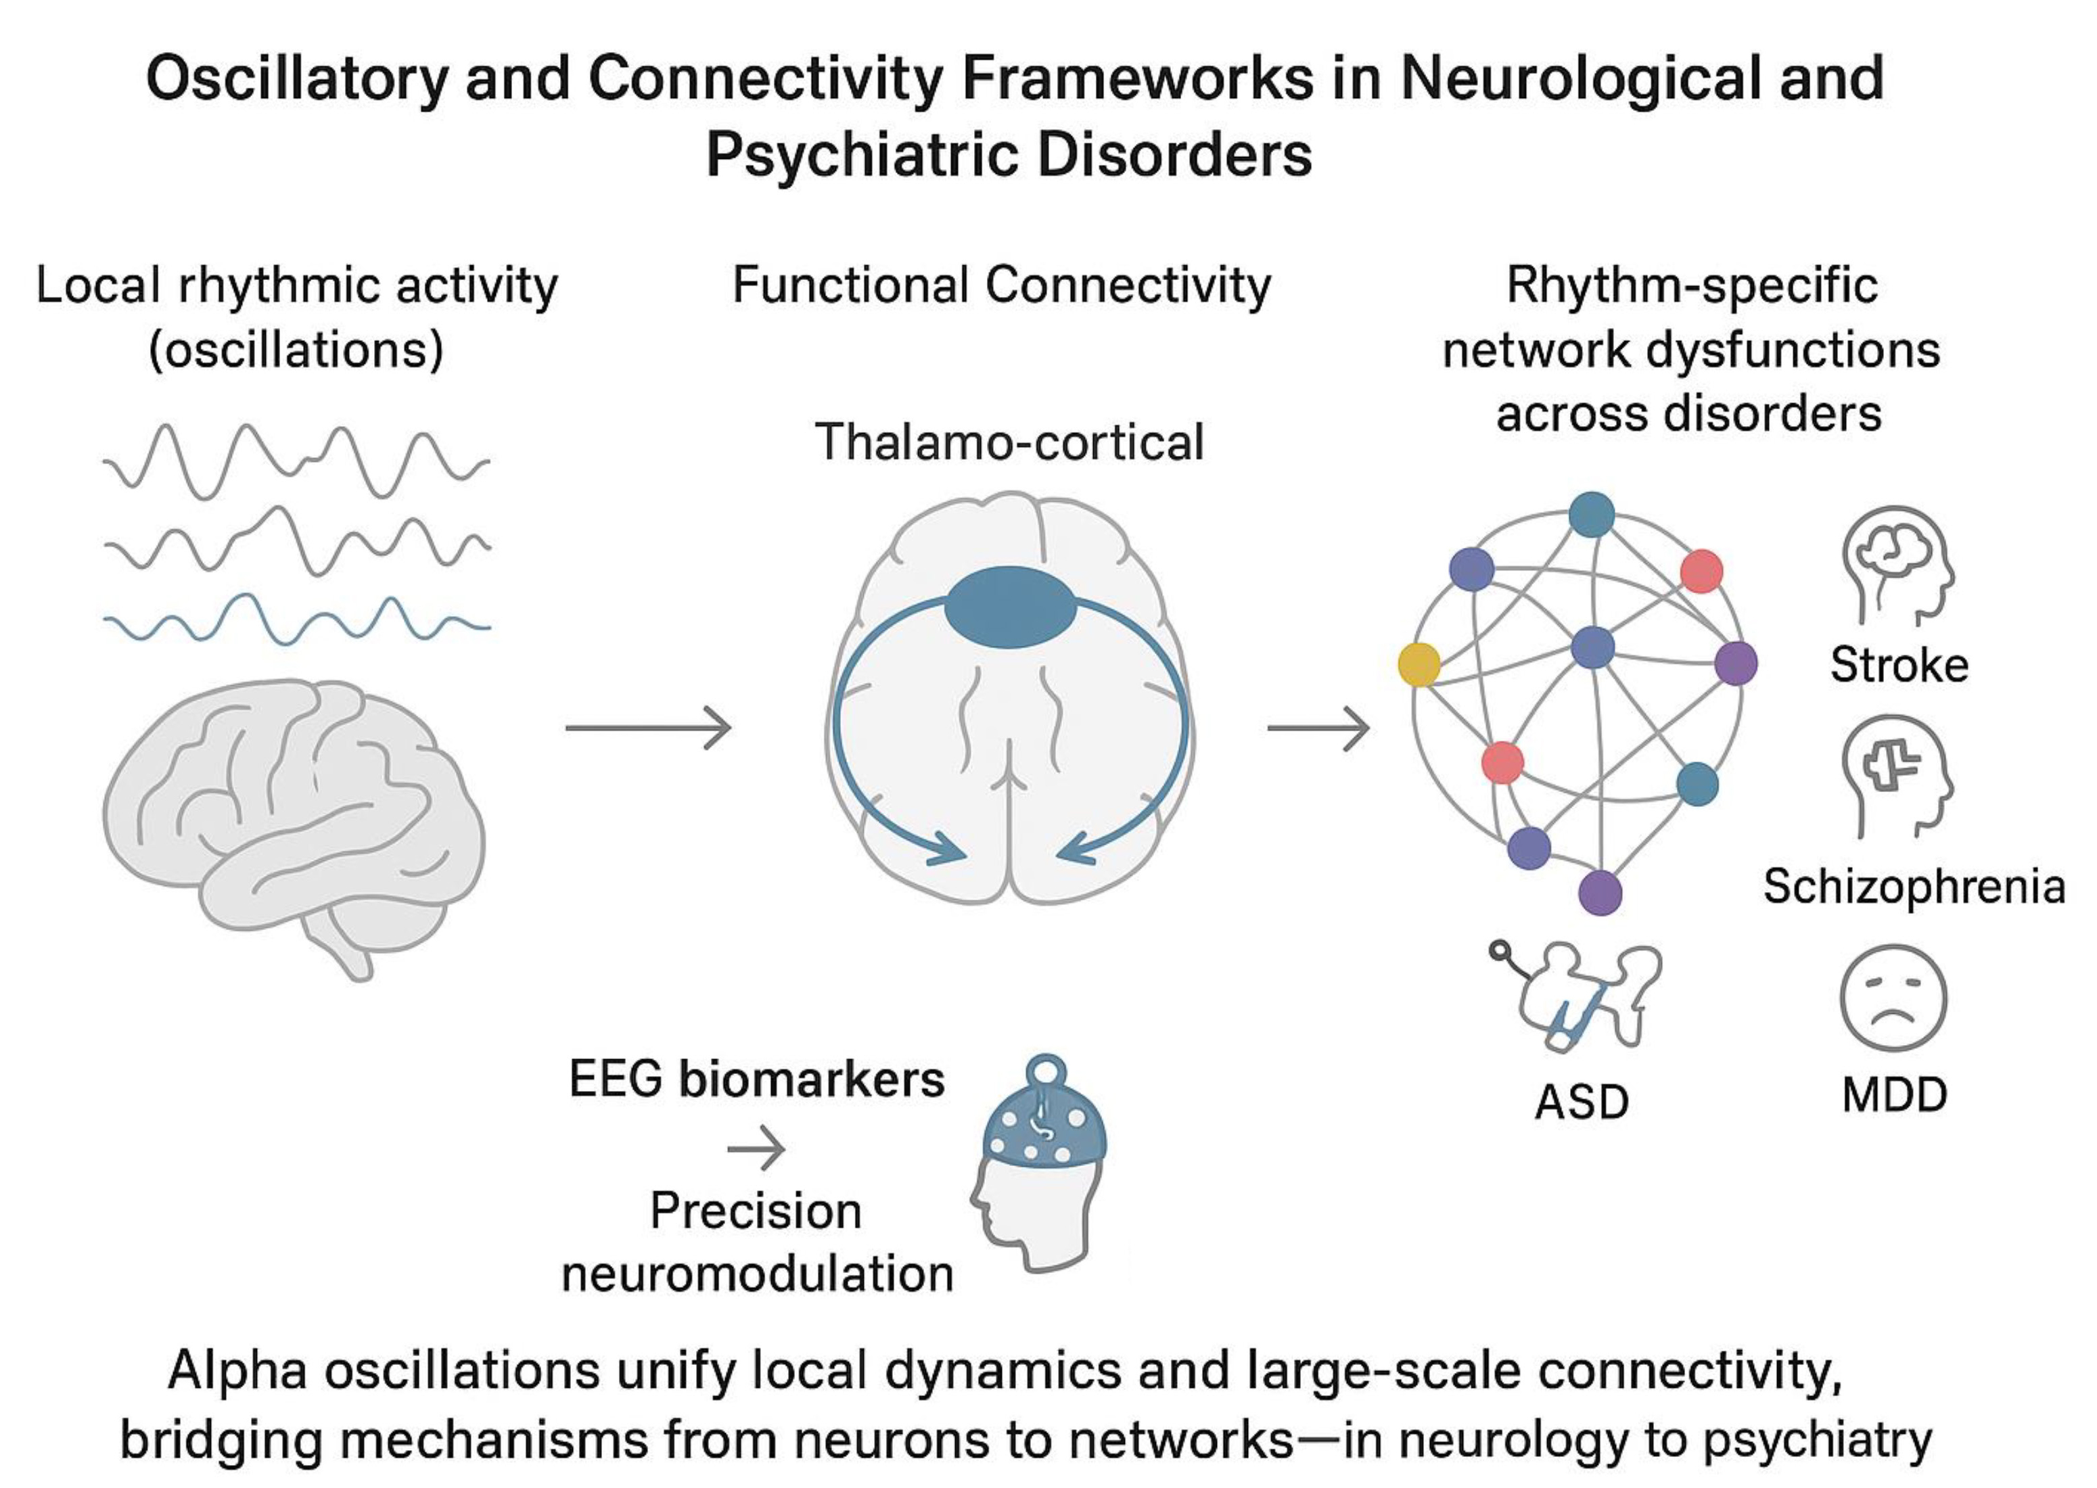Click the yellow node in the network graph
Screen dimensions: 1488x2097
(x=1418, y=664)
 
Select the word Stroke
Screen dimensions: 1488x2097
(x=1898, y=664)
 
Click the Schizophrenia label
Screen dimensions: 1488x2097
(x=1914, y=886)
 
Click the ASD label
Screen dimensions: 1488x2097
(x=1582, y=1102)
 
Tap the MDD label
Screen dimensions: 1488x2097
(x=1893, y=1095)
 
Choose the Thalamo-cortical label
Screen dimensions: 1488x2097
(x=1009, y=442)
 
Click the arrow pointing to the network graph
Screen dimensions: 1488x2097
(x=1318, y=728)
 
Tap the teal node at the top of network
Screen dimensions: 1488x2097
(x=1591, y=514)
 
